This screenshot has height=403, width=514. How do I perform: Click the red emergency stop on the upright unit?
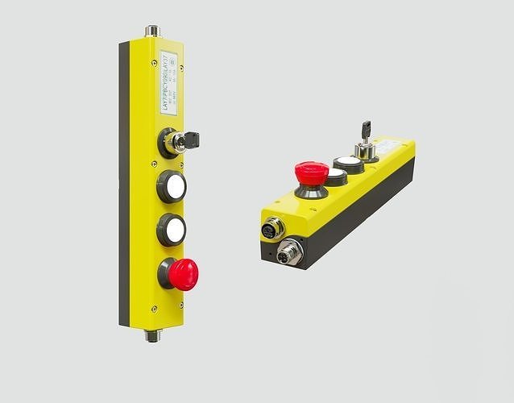pyautogui.click(x=184, y=274)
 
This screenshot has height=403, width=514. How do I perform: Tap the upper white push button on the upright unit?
pyautogui.click(x=174, y=187)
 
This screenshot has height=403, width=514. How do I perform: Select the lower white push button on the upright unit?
pyautogui.click(x=174, y=231)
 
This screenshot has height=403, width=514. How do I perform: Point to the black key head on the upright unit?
pyautogui.click(x=192, y=140)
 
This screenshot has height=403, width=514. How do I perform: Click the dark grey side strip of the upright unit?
pyautogui.click(x=124, y=185)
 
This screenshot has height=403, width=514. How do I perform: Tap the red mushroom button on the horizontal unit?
pyautogui.click(x=311, y=172)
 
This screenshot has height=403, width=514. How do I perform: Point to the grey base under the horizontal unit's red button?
pyautogui.click(x=310, y=192)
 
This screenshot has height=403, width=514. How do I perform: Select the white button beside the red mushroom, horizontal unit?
pyautogui.click(x=336, y=174)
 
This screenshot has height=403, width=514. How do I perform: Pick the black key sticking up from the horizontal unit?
pyautogui.click(x=366, y=128)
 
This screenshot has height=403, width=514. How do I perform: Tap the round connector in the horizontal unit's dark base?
pyautogui.click(x=288, y=253)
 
